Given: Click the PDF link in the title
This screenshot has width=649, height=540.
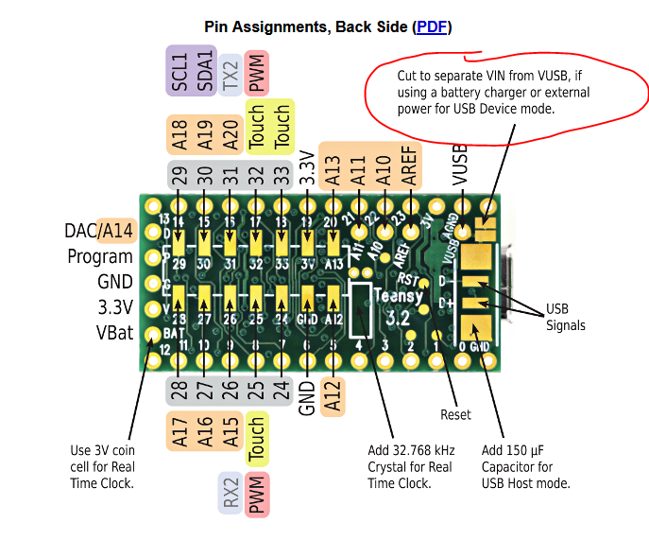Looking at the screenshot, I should click(x=432, y=26).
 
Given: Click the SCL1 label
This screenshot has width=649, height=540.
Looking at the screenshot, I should click(x=179, y=70).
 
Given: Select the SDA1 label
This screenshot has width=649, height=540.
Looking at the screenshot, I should click(x=203, y=70).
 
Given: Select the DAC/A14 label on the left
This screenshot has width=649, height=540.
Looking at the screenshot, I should click(x=99, y=231).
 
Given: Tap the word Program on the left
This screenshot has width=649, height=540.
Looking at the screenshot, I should click(x=100, y=256).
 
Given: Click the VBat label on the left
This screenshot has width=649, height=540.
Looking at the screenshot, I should click(x=114, y=333).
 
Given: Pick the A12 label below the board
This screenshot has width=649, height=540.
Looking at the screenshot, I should click(x=333, y=397).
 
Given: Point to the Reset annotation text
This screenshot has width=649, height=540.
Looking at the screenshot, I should click(x=455, y=414).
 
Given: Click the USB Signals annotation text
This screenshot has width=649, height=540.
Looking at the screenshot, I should click(x=565, y=318).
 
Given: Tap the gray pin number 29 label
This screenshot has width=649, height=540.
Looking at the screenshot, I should click(x=179, y=174).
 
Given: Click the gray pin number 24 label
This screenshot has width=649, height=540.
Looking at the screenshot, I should click(x=281, y=391).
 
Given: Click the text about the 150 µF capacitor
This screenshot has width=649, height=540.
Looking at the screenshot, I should click(x=525, y=467).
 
